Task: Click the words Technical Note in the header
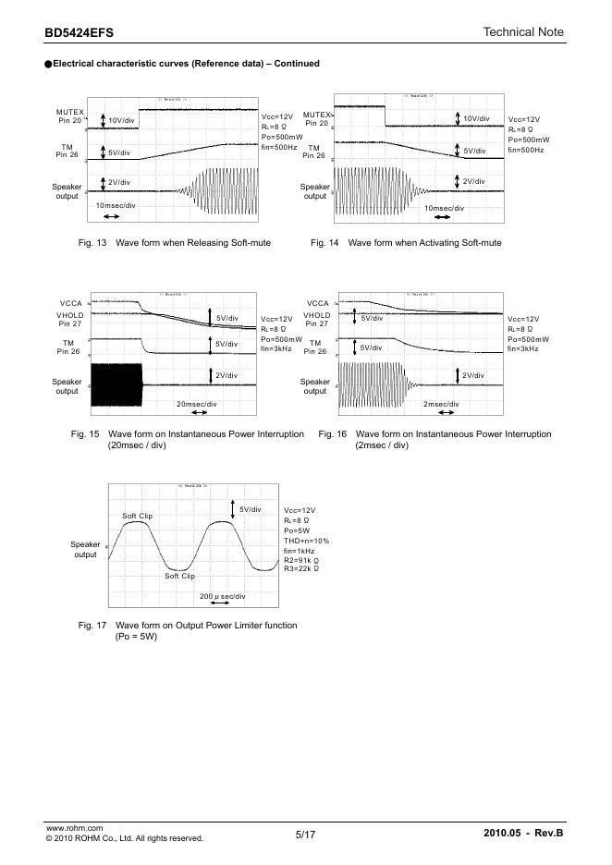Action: coord(523,32)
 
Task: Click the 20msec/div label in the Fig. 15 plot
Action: coord(196,404)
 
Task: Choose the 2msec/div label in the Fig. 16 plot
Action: coord(442,404)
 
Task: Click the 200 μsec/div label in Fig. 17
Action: coord(223,597)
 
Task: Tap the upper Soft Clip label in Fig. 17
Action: coord(137,515)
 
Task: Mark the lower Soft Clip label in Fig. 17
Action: coord(180,576)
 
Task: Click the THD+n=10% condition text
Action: coord(306,541)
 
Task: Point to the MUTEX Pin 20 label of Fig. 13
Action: coord(69,116)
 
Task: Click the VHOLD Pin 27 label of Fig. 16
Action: coord(317,320)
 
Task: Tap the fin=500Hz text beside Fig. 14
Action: coord(526,150)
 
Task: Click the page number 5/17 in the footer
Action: coord(306,835)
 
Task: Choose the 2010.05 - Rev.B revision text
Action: coord(522,835)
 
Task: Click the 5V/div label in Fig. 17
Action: coord(250,509)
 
